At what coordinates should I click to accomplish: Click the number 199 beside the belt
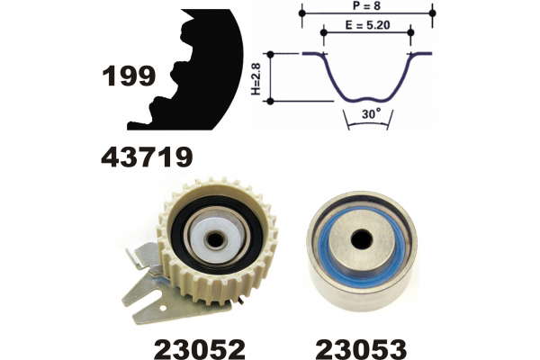[129, 76]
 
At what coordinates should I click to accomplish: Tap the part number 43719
[147, 157]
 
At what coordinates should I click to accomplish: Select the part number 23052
[200, 350]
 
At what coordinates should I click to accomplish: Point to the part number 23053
[361, 350]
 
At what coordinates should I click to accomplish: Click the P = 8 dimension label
[367, 6]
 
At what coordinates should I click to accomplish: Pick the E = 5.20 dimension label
[367, 25]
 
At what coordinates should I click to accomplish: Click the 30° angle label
[372, 113]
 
